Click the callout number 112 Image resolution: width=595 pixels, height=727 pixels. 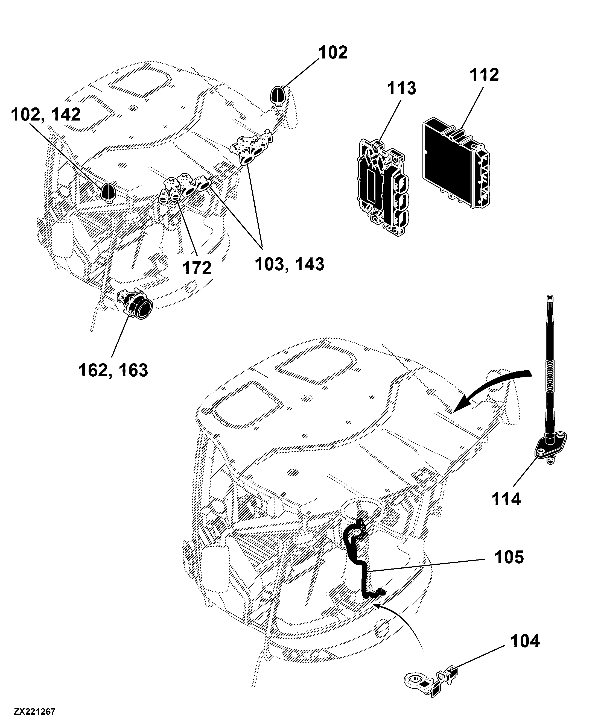(484, 75)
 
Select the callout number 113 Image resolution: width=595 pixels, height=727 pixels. (402, 88)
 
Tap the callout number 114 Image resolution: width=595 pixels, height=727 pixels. (506, 499)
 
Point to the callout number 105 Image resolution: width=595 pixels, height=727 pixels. (509, 557)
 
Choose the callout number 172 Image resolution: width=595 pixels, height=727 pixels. (197, 268)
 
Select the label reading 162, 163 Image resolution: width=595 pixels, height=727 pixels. (113, 370)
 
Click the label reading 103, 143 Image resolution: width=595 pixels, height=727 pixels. (289, 265)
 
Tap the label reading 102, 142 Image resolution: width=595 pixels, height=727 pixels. (46, 115)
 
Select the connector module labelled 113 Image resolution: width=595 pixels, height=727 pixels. (384, 188)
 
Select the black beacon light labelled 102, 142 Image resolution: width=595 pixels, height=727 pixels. (109, 192)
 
